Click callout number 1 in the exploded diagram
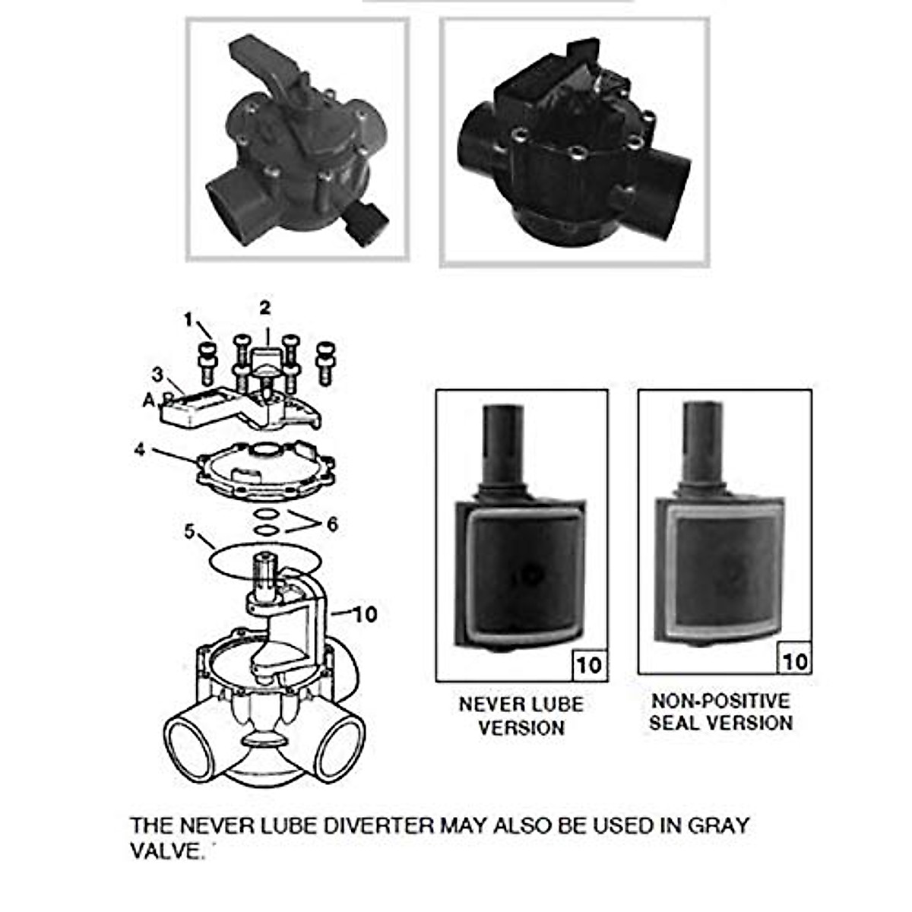point(188,320)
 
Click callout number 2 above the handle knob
point(264,308)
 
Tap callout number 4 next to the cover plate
point(140,449)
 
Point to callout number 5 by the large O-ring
point(190,530)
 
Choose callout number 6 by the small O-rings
point(332,524)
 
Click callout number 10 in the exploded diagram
point(366,613)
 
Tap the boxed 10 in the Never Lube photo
point(588,665)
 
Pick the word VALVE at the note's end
point(164,850)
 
